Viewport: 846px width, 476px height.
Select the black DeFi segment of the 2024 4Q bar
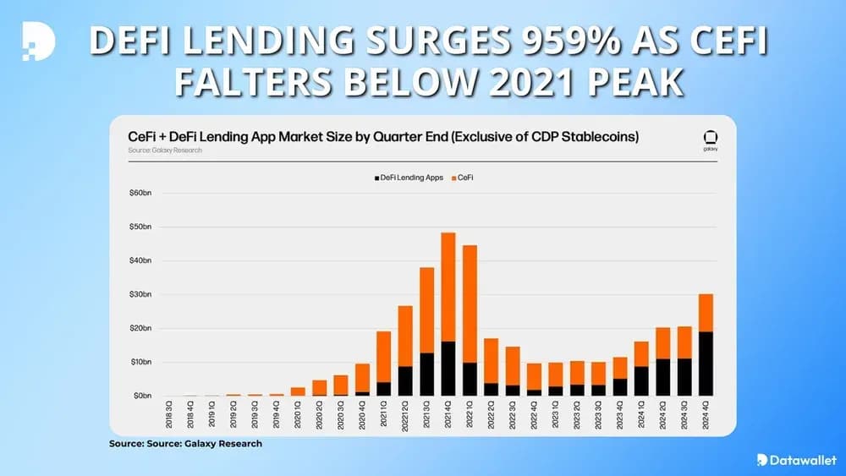coord(706,364)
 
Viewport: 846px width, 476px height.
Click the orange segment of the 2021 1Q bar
coord(383,356)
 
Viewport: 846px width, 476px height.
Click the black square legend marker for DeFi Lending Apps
coord(375,178)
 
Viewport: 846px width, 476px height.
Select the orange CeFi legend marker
coord(454,178)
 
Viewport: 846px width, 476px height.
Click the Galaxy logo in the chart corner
coord(709,138)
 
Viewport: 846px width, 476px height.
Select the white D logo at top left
coord(38,41)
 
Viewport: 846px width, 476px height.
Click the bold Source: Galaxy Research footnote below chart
coord(185,444)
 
